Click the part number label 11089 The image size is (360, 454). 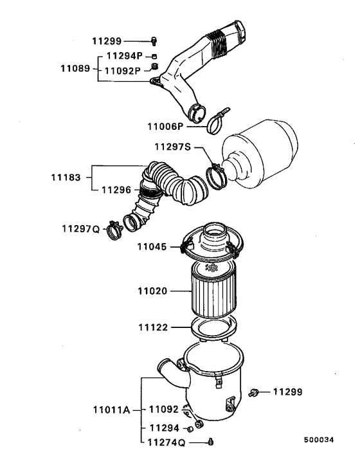coord(75,69)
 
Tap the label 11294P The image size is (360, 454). coord(125,55)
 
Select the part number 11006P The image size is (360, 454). coord(165,127)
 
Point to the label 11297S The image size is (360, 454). coord(173,147)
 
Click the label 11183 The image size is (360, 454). coord(66,177)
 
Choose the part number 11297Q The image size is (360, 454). coord(81,229)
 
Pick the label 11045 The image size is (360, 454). coord(152,247)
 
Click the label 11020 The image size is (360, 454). coord(152,291)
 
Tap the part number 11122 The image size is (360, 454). coord(153,327)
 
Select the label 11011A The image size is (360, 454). coord(112,410)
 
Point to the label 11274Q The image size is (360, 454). coord(166,442)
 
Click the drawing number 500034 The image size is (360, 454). coord(319,440)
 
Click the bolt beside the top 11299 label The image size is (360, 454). coord(154,41)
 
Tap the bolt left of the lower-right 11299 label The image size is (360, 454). coord(253,393)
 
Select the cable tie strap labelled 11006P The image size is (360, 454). coord(218,120)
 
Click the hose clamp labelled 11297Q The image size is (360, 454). coord(114,230)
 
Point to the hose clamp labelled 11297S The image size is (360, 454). coord(216,176)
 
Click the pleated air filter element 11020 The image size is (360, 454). coord(214,289)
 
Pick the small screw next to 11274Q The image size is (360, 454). coord(210,442)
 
